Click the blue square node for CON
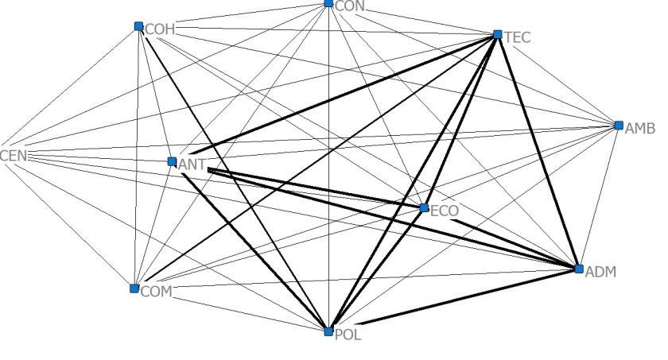329,4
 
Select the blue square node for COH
139,26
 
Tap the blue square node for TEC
498,34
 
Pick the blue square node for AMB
619,125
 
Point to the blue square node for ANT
172,161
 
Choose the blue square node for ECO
424,208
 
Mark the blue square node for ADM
579,269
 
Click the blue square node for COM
134,288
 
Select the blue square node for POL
328,331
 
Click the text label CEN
14,155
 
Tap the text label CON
350,6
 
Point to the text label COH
160,29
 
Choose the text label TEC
517,37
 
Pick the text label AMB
640,129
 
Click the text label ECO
445,211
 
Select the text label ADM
600,273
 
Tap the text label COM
156,292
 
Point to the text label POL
348,335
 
